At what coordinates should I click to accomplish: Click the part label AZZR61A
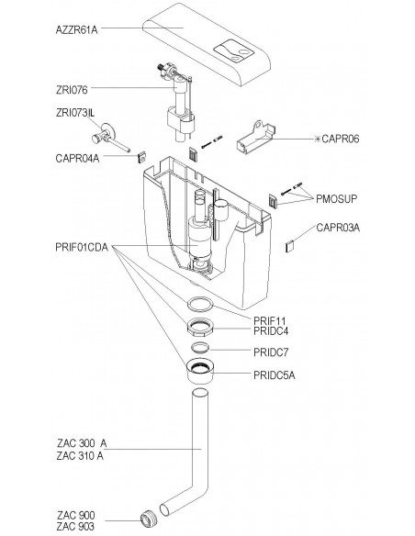[x=76, y=30]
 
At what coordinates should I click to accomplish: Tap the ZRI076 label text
[x=72, y=90]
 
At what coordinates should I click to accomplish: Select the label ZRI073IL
[x=75, y=113]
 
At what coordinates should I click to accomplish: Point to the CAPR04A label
[x=77, y=159]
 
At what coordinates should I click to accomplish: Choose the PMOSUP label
[x=336, y=198]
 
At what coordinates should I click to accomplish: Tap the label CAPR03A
[x=338, y=228]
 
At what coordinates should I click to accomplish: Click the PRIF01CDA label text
[x=82, y=247]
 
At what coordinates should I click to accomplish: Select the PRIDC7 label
[x=271, y=352]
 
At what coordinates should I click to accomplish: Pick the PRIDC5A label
[x=275, y=375]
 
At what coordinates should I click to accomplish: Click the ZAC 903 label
[x=75, y=526]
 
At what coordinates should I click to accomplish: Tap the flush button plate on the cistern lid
[x=234, y=51]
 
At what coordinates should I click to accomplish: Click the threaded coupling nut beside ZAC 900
[x=149, y=519]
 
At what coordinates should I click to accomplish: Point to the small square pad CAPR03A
[x=290, y=246]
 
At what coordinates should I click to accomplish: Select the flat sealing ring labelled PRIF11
[x=200, y=305]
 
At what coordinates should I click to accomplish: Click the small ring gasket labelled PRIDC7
[x=200, y=347]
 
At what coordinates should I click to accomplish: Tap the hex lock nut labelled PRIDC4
[x=200, y=328]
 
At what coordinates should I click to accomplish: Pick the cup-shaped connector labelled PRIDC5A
[x=200, y=371]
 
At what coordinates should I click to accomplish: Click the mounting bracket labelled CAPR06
[x=255, y=138]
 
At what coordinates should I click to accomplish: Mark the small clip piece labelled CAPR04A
[x=142, y=157]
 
